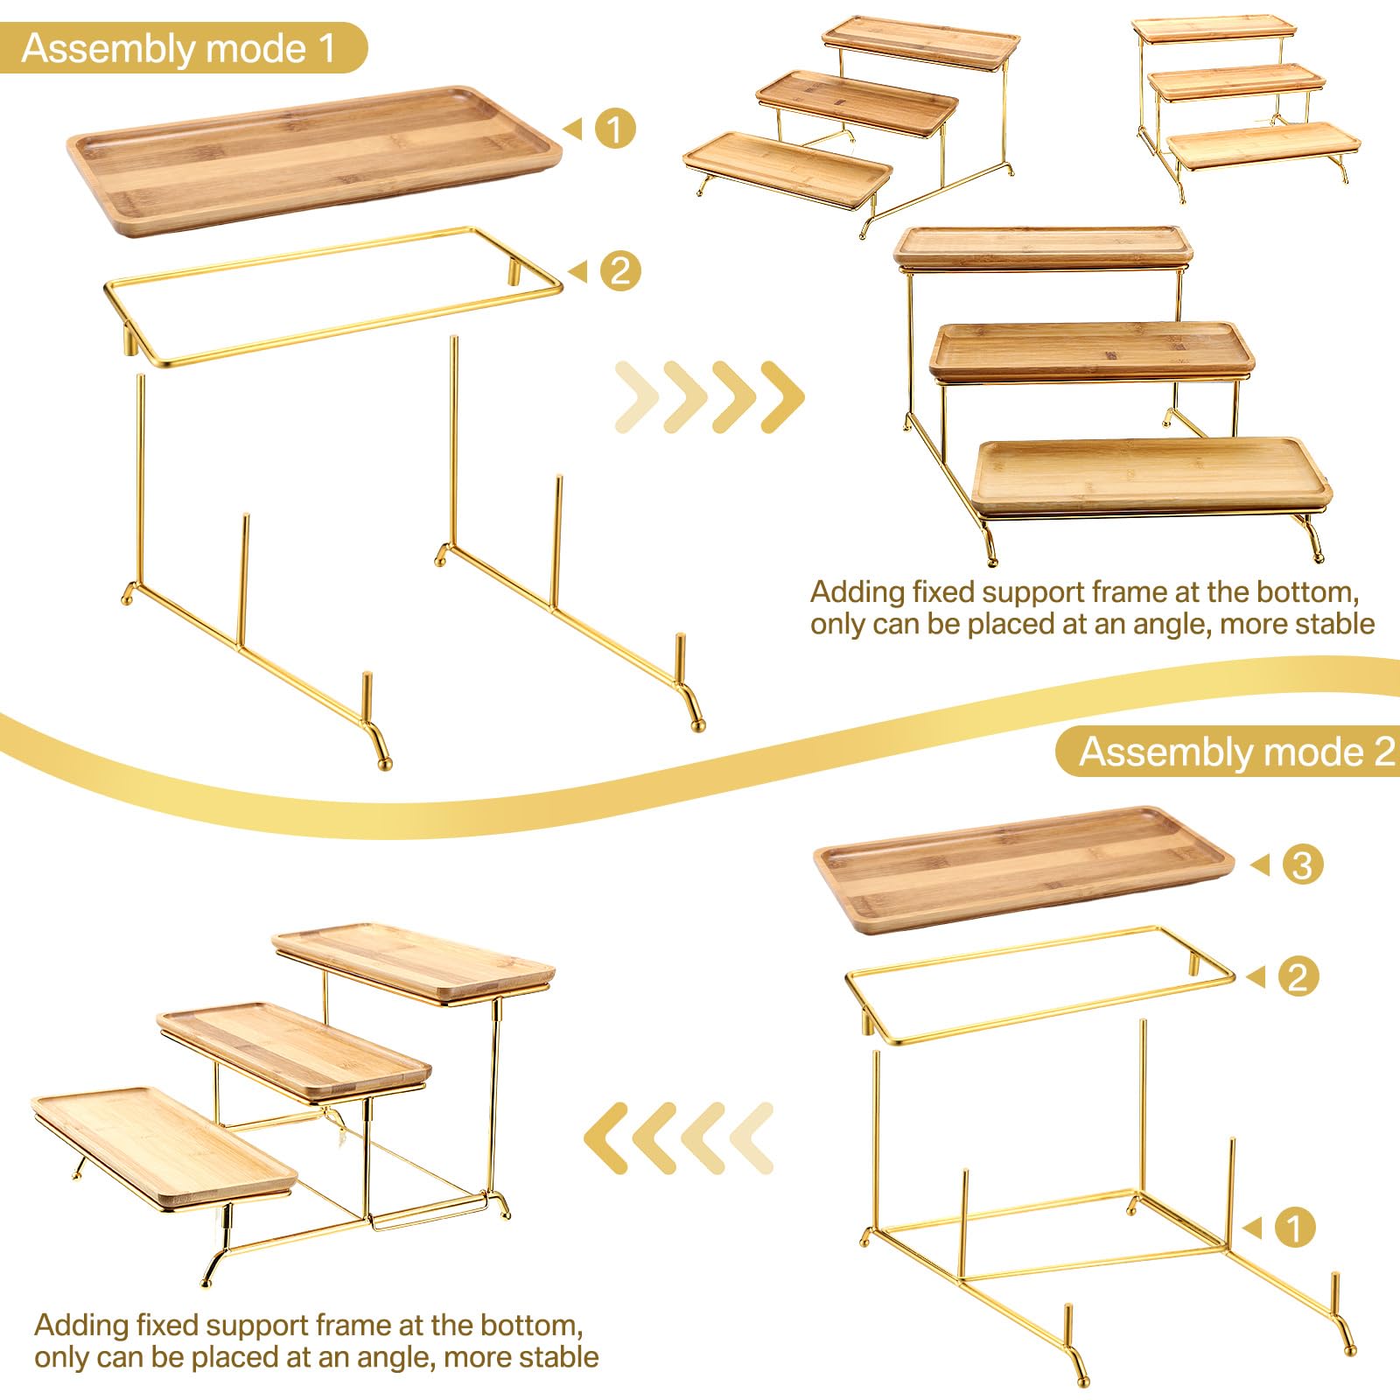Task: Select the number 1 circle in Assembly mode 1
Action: pos(615,129)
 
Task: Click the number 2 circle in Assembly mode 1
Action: pos(620,270)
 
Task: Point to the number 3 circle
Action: pos(1303,864)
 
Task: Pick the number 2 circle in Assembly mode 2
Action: pos(1298,976)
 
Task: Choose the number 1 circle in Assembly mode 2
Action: pos(1295,1228)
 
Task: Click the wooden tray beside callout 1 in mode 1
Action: pos(315,160)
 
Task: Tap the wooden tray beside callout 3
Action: pos(1024,869)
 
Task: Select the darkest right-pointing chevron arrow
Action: pos(782,396)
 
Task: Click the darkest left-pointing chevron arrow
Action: pos(606,1137)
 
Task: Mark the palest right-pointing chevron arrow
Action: pos(637,396)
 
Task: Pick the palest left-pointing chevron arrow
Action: pos(751,1137)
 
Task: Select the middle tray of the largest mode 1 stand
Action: pos(1092,351)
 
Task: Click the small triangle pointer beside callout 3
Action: pos(1260,865)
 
